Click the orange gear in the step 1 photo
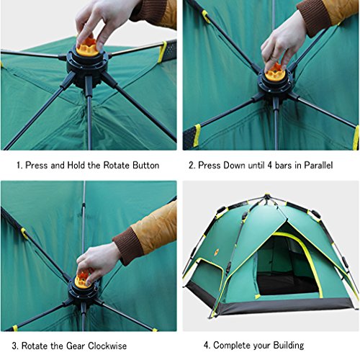(x=88, y=48)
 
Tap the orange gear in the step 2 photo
(x=276, y=73)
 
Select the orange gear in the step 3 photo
(x=82, y=279)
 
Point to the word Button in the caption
(x=146, y=166)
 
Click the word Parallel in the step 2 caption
(x=318, y=166)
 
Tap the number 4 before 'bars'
(x=270, y=166)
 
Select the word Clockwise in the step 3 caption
(x=107, y=346)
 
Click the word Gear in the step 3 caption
(x=76, y=346)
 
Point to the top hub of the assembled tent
(x=267, y=197)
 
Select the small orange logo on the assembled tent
(x=217, y=252)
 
